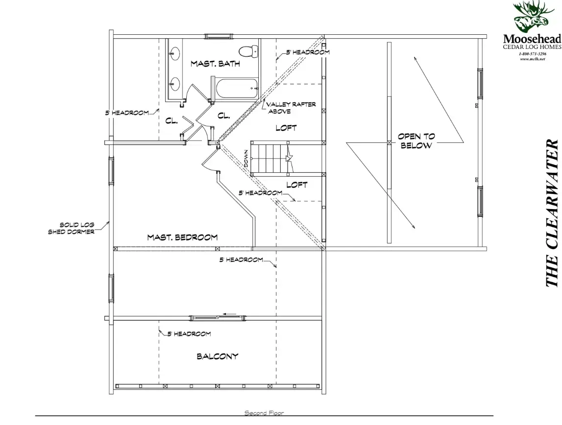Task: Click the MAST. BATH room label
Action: (x=215, y=64)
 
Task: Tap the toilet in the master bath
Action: (x=248, y=51)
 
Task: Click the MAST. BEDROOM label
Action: (x=182, y=237)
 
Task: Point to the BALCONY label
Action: (x=217, y=356)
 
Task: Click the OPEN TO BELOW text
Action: (x=416, y=141)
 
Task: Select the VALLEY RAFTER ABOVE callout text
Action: (x=291, y=108)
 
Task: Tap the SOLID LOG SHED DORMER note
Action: (x=72, y=228)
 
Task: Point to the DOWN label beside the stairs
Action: (x=246, y=158)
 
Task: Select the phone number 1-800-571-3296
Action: (x=532, y=54)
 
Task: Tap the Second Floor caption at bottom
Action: (x=264, y=413)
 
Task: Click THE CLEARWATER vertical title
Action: (x=552, y=213)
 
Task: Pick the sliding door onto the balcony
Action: (x=218, y=318)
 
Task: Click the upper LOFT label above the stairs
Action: (x=286, y=128)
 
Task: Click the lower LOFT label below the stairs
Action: (x=297, y=185)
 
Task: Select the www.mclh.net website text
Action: (x=532, y=59)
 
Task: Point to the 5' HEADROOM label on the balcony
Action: (x=189, y=334)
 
